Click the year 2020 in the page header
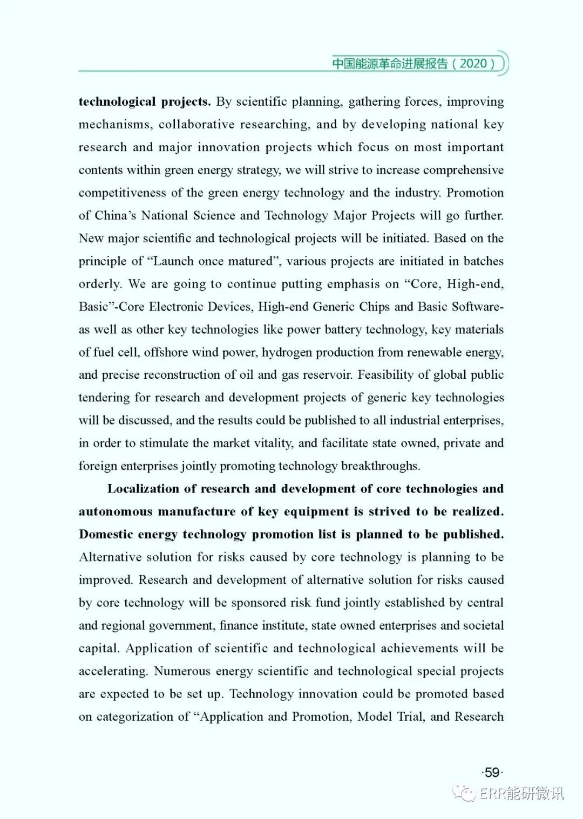tap(473, 64)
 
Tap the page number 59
tap(492, 773)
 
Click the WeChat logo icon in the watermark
tap(464, 792)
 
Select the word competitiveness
tap(122, 193)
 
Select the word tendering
tap(104, 398)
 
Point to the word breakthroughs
tap(380, 466)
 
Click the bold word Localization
tap(144, 489)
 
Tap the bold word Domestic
tap(106, 534)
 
